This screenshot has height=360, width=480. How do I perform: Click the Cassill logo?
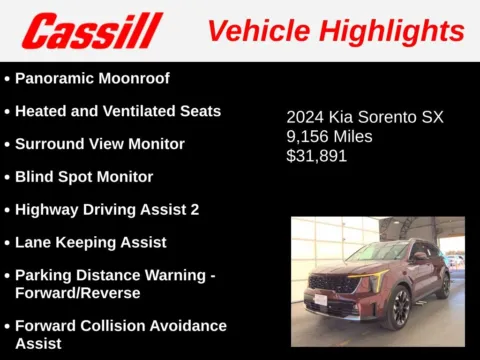pos(92,31)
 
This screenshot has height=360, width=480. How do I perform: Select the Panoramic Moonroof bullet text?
pos(92,78)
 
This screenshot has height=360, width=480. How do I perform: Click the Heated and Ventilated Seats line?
pos(118,110)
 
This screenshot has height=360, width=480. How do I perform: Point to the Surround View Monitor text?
pos(100,143)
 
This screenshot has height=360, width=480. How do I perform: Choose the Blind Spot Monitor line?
pos(84,176)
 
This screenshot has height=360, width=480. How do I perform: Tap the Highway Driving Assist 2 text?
pos(107,209)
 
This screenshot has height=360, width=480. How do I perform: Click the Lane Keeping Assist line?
pos(91,242)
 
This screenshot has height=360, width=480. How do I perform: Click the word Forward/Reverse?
pos(77,293)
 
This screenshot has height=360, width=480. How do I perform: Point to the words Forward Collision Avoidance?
pos(121,326)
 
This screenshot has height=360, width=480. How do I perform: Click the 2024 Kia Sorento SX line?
pos(365,117)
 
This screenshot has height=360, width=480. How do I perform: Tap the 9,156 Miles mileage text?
pos(329,136)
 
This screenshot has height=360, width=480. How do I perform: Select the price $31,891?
pos(319,156)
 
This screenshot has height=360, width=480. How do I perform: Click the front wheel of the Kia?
pos(398,307)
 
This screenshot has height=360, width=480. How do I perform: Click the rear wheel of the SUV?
pos(444,284)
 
